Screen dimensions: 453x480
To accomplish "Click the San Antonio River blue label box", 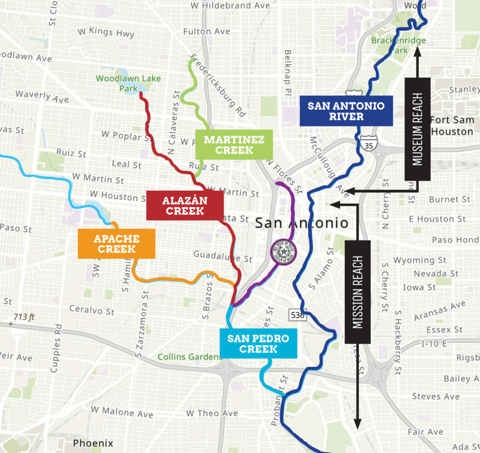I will [x=346, y=111].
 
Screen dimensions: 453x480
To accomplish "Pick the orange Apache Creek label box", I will [x=117, y=244].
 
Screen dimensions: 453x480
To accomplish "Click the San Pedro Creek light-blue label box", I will [x=258, y=344].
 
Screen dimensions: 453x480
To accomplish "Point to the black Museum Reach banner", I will [x=417, y=129].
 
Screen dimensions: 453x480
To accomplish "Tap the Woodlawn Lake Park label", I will [x=128, y=83].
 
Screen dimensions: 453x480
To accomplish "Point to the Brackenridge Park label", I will [x=398, y=46].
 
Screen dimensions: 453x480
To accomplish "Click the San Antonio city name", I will [x=302, y=224].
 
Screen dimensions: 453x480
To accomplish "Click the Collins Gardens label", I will [x=190, y=357].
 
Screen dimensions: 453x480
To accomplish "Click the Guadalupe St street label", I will [x=223, y=255].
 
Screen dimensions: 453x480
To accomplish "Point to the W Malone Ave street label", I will [x=122, y=414].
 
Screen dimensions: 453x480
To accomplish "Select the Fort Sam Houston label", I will [x=452, y=126].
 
